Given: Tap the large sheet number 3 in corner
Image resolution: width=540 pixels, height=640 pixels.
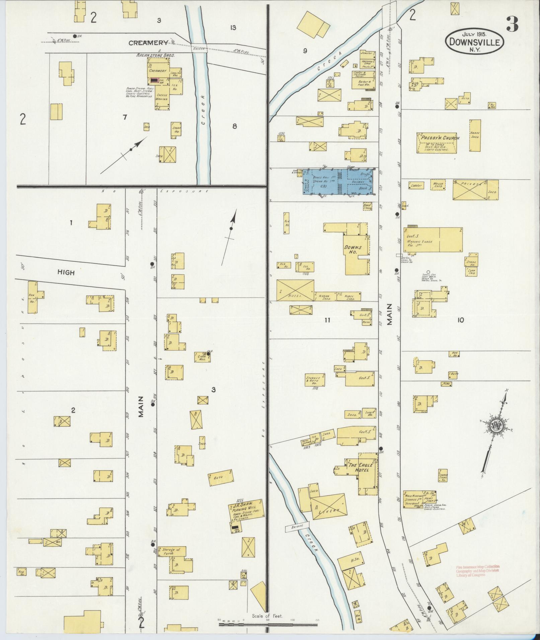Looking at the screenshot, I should point(512,24).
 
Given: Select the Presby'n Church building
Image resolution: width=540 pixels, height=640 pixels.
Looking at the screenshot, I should point(437,143).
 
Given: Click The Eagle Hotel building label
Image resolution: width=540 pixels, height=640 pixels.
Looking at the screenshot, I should point(359,467).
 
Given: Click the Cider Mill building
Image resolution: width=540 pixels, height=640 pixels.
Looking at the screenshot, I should point(202,357).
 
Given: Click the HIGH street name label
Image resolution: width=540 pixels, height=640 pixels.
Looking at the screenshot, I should point(66,273).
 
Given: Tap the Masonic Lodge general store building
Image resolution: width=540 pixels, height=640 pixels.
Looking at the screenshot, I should point(435,240).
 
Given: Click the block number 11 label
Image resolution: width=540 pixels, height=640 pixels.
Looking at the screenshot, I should point(327,320).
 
